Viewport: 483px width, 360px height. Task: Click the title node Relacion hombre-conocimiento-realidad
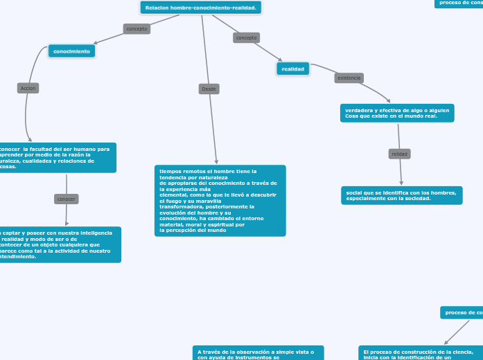(x=201, y=8)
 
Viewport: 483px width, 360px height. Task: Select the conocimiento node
(x=71, y=51)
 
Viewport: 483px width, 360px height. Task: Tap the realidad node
(x=293, y=69)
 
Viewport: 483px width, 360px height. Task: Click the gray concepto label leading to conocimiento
(x=136, y=28)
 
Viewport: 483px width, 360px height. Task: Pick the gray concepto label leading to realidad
(x=246, y=37)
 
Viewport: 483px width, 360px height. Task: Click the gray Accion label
(x=28, y=88)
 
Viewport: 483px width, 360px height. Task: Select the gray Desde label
(x=209, y=89)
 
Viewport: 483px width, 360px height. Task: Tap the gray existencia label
(x=349, y=78)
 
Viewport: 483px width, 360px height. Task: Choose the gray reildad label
(x=400, y=153)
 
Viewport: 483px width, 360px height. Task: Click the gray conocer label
(x=67, y=199)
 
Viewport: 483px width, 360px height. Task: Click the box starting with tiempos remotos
(x=220, y=201)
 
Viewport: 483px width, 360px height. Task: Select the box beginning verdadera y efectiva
(x=397, y=113)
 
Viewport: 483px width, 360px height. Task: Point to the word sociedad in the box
(x=416, y=199)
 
